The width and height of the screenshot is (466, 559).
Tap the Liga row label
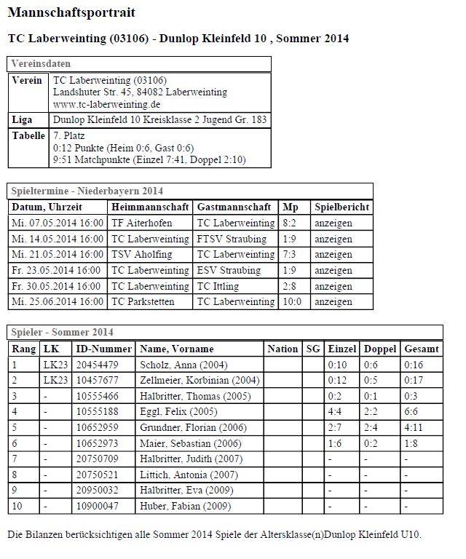23,119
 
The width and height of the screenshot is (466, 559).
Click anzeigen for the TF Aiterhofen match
333,223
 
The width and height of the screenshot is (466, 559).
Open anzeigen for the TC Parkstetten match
333,301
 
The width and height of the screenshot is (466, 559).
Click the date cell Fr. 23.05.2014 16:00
56,270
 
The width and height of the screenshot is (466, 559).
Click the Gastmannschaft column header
234,207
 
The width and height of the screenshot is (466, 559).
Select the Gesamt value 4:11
414,428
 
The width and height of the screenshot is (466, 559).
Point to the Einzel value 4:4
336,412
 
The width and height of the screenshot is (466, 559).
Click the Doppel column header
380,349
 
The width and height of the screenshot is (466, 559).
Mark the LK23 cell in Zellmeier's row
55,380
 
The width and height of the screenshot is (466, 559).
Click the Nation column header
283,349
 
